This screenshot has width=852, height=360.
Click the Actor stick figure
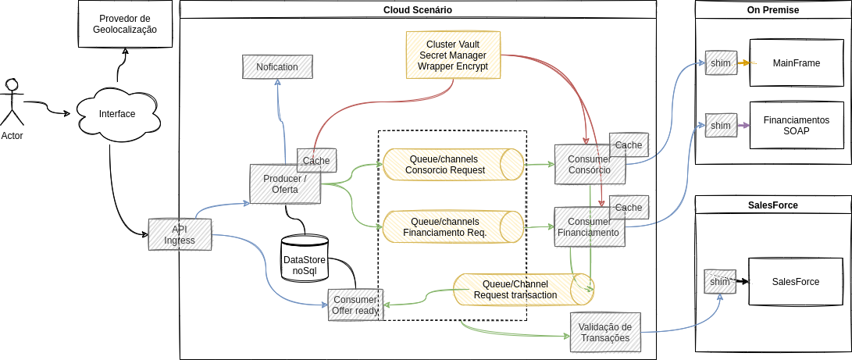point(12,102)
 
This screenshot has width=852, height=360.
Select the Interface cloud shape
point(117,115)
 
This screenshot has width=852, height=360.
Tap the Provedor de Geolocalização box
point(125,24)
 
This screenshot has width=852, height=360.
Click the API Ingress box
point(180,234)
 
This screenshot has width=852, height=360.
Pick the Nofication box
point(277,66)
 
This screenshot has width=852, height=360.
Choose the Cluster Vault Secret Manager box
point(453,55)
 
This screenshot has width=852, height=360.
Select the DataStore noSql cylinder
point(305,259)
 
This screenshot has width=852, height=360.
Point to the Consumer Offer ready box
point(354,305)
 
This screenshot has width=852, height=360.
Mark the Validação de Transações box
point(605,332)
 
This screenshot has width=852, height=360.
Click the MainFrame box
point(796,62)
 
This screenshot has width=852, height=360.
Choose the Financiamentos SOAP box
point(796,126)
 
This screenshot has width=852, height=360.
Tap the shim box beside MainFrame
point(721,62)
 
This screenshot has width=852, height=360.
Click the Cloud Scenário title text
point(418,9)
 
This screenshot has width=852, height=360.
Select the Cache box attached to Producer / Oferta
point(316,160)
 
